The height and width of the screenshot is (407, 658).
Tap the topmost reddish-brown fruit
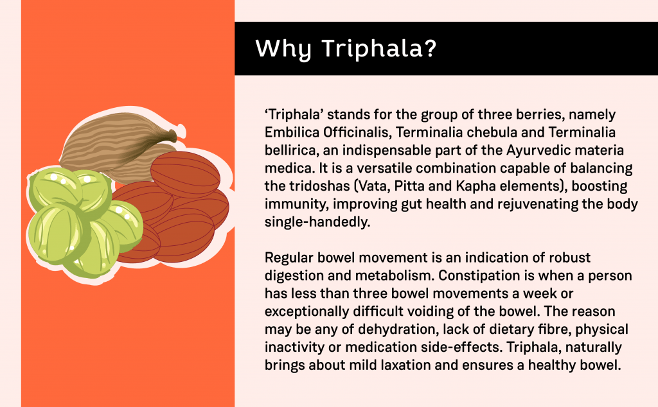(x=185, y=173)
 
